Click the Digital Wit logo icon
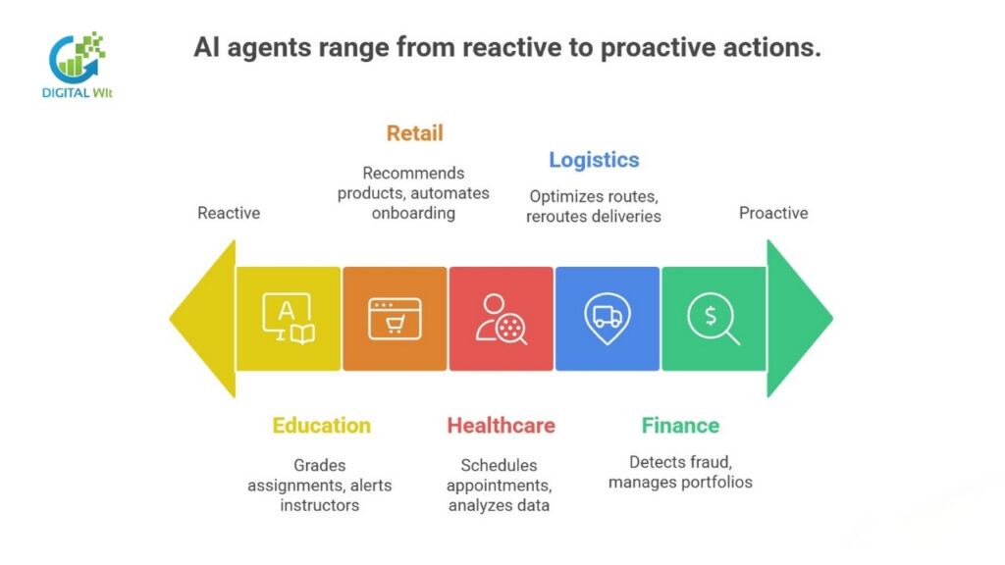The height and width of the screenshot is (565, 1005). (x=78, y=56)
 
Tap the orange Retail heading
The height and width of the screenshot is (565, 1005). (x=414, y=133)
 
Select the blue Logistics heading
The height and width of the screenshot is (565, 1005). (x=594, y=160)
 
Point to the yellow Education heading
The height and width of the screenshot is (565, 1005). (x=322, y=426)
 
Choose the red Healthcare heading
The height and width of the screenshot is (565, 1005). (x=501, y=426)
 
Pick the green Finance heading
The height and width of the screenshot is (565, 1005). (x=680, y=426)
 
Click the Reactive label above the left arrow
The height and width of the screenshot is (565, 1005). (x=229, y=213)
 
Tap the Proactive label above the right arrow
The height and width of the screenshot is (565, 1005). (x=773, y=213)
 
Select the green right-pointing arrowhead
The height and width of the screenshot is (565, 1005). (x=796, y=319)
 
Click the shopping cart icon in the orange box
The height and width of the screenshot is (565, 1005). (x=395, y=320)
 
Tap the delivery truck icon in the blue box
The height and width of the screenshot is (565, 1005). (x=608, y=318)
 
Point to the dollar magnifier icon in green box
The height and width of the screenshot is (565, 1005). (x=713, y=320)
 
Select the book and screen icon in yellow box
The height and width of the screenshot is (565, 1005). (x=289, y=320)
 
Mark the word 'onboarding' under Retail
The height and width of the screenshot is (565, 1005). (x=413, y=213)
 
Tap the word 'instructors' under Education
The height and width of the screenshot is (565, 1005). (x=320, y=505)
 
